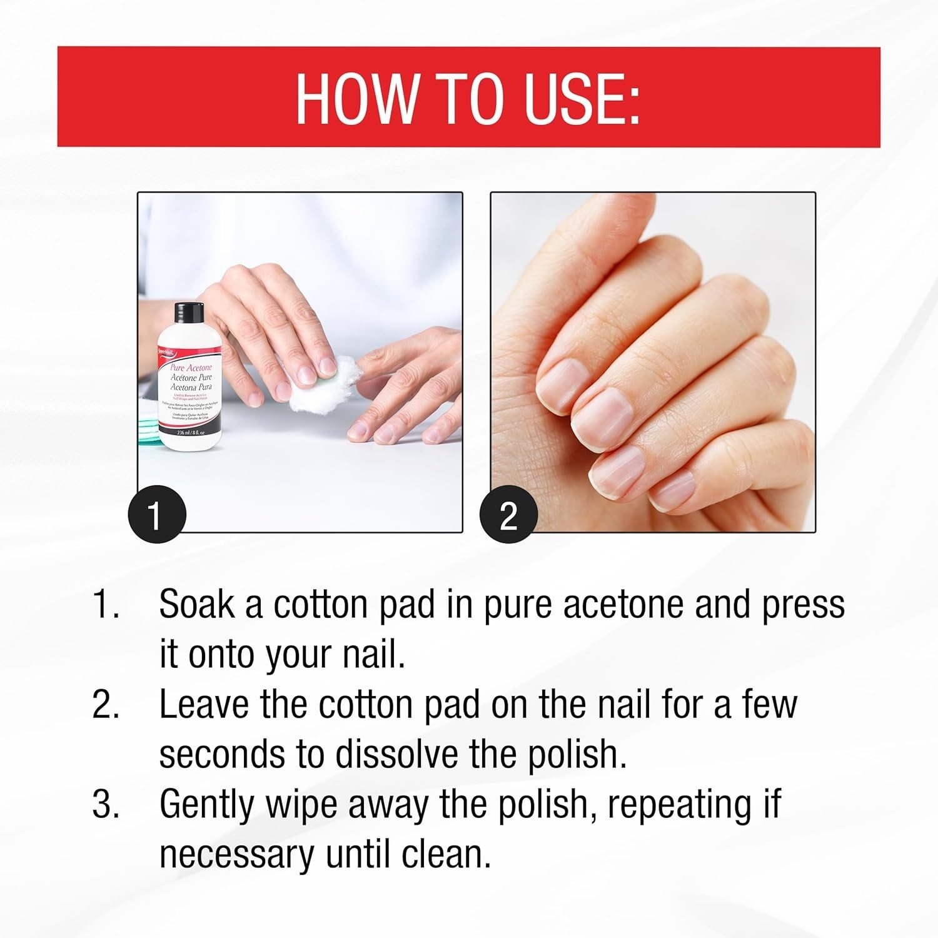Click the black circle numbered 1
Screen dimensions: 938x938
point(156,516)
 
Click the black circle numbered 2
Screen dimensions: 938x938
point(508,516)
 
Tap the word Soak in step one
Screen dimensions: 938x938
point(196,605)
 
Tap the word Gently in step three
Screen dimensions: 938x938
point(207,805)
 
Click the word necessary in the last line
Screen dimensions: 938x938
point(236,855)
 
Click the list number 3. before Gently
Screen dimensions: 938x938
point(106,805)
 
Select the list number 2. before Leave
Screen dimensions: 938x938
point(106,705)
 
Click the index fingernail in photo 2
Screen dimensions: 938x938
point(562,379)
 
